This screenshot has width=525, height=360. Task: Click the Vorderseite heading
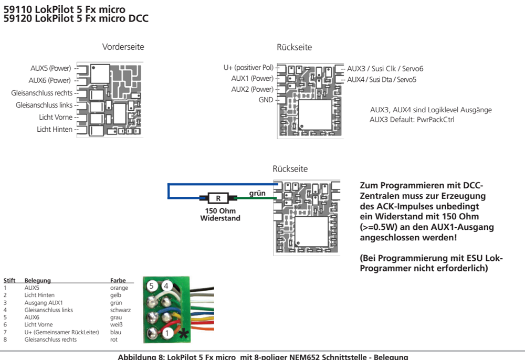tap(123, 47)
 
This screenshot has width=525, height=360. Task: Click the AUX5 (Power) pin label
tap(50, 68)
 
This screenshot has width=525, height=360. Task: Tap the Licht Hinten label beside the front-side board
tap(55, 129)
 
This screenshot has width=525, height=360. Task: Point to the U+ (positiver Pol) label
tap(248, 68)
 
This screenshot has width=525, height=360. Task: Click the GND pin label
tap(266, 99)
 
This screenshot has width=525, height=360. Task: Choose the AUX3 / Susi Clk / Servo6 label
tap(385, 69)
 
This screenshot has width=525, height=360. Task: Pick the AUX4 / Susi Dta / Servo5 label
tap(382, 80)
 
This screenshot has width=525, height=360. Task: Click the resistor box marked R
tap(218, 198)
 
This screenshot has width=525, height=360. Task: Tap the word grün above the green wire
tap(257, 193)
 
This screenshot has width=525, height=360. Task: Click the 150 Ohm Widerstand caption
tap(220, 215)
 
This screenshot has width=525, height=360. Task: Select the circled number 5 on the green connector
tap(152, 286)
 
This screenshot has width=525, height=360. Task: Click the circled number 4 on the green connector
tap(166, 286)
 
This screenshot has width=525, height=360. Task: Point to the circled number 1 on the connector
tap(166, 333)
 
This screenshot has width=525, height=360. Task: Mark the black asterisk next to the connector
tap(183, 333)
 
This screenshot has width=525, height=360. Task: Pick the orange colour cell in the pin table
tap(119, 288)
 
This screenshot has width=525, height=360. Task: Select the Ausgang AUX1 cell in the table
tap(44, 303)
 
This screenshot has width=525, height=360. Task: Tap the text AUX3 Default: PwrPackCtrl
tap(412, 120)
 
